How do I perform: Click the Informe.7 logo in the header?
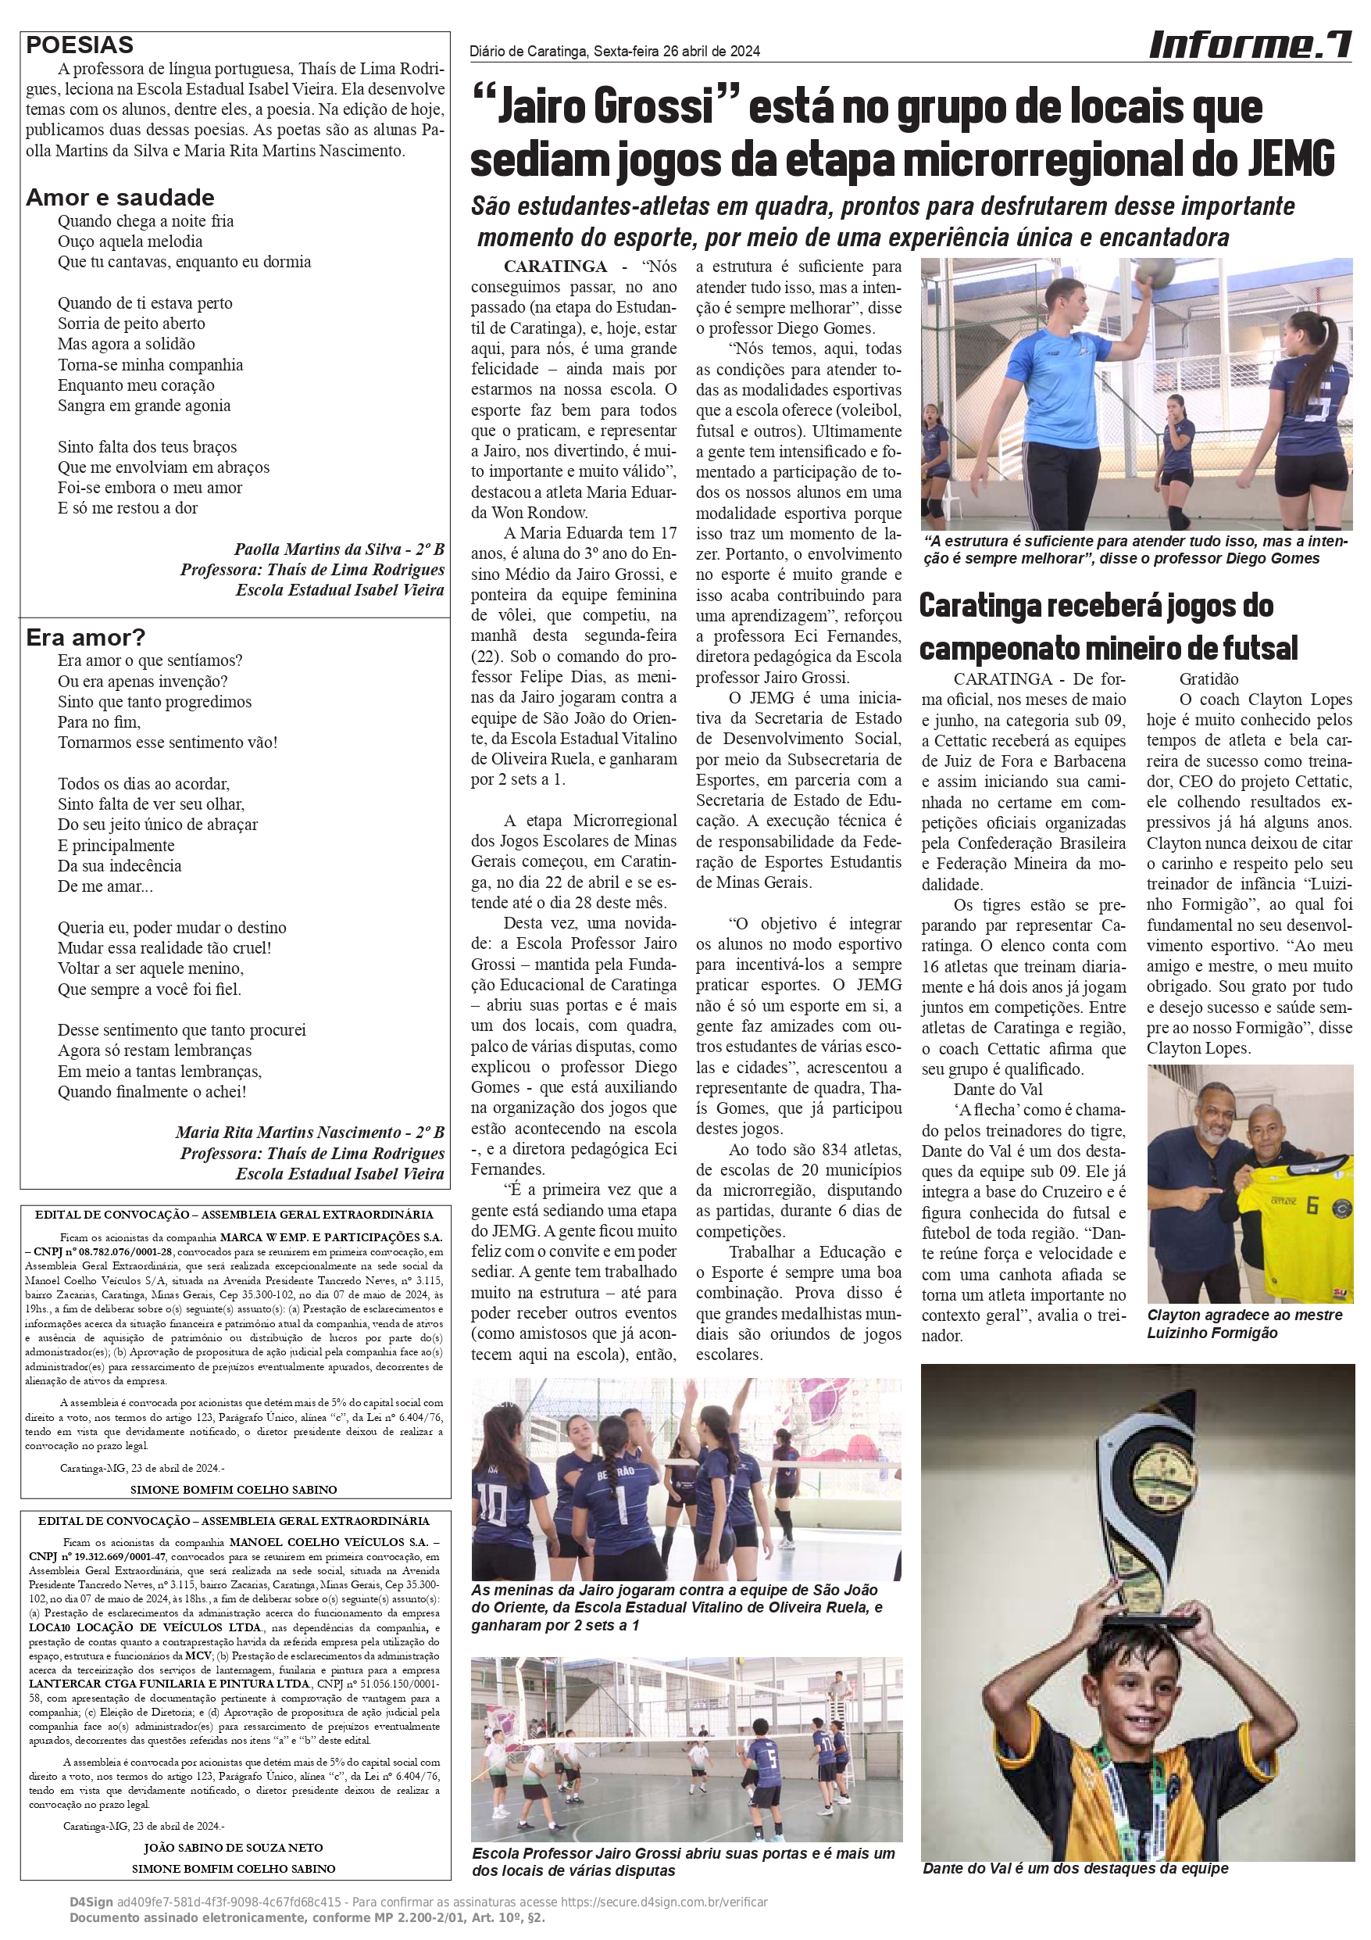1249,44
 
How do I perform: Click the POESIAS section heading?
80,45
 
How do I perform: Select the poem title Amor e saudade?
120,198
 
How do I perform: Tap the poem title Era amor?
85,637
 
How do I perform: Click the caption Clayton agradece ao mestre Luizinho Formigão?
1244,1324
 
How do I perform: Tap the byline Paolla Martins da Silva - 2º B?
339,549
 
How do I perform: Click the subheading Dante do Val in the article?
998,1089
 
